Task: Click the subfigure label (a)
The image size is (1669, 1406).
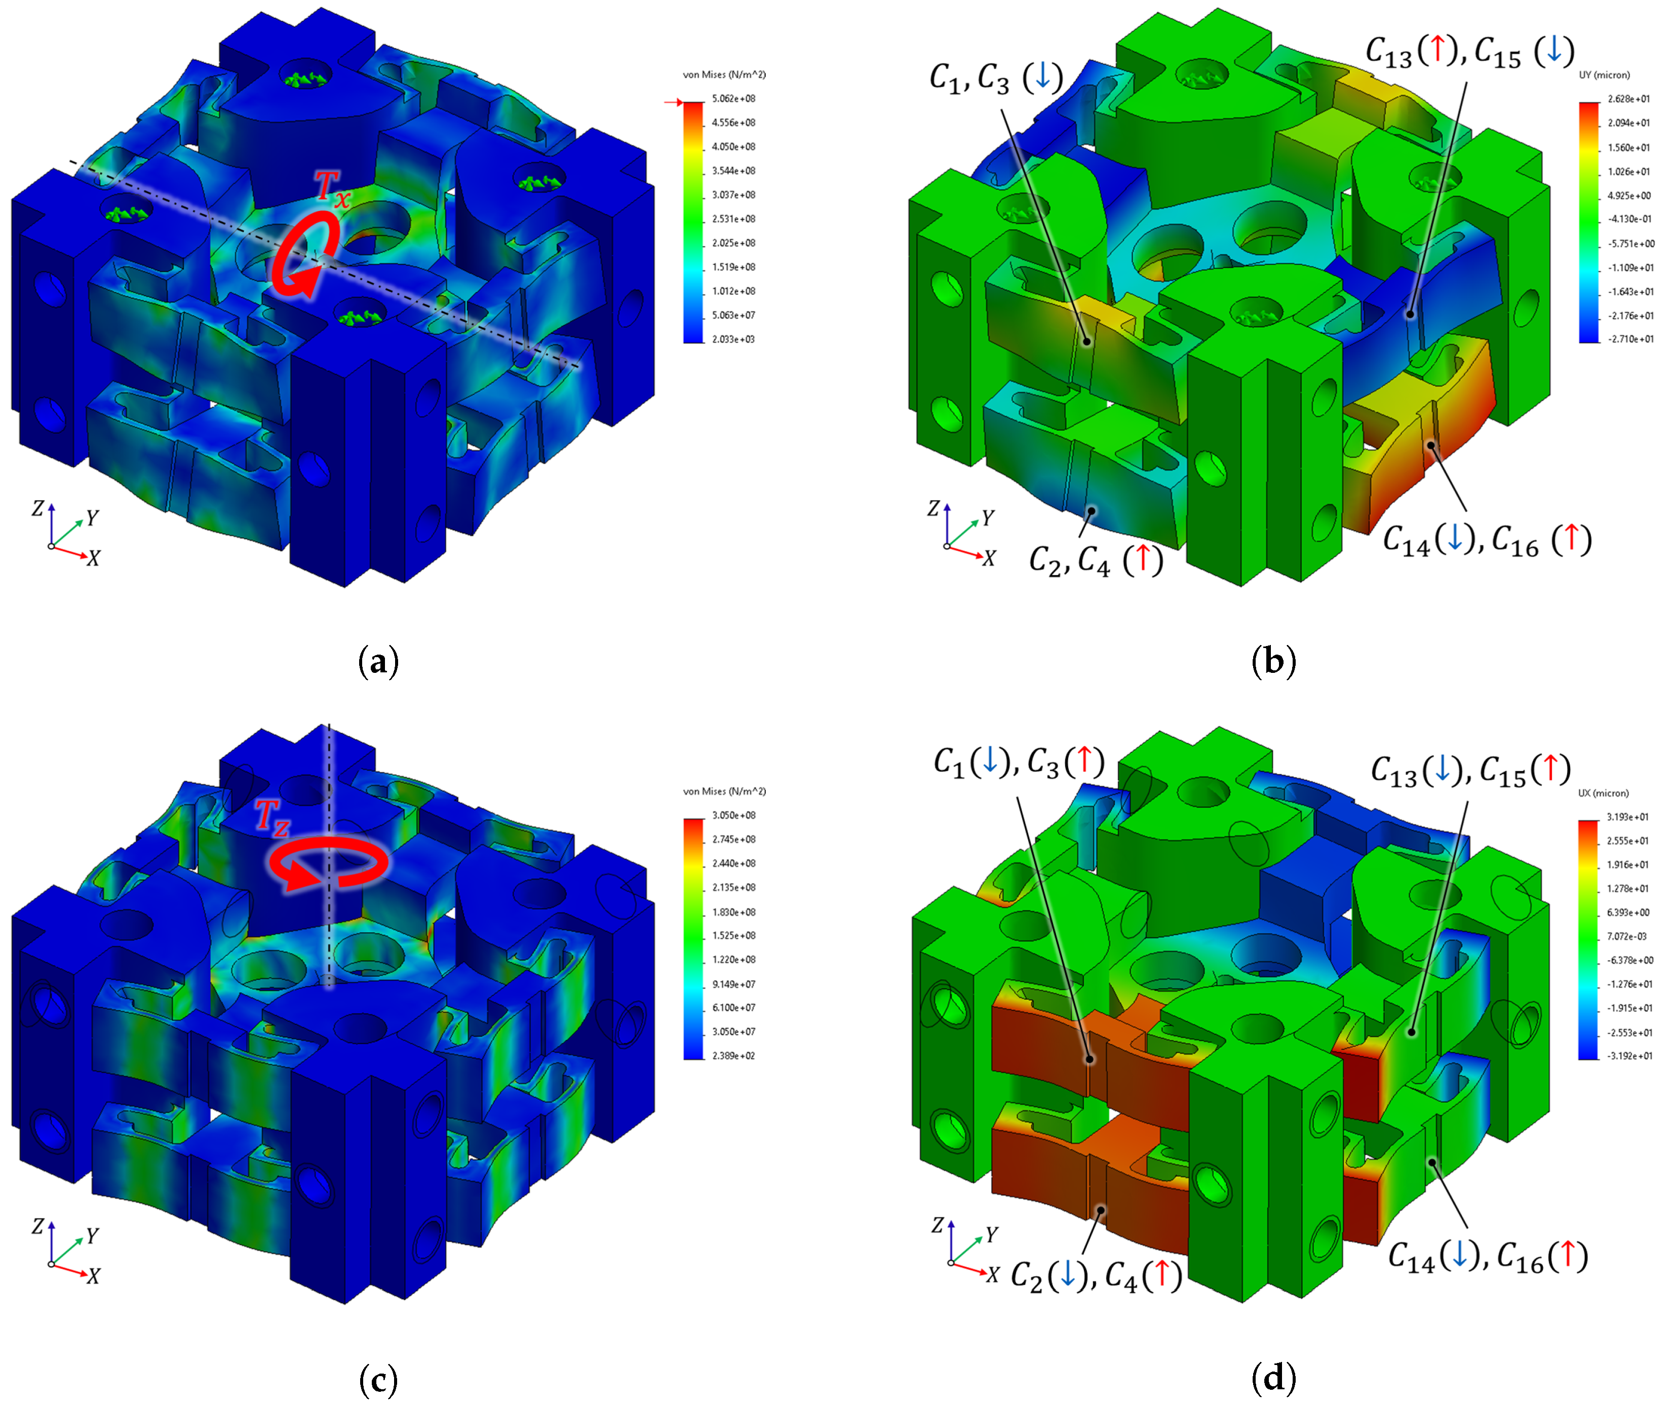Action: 378,662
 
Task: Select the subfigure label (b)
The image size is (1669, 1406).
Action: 1274,662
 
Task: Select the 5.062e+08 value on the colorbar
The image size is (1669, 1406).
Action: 734,99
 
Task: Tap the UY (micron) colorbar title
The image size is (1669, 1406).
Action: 1605,75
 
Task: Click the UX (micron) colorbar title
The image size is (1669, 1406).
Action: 1604,793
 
